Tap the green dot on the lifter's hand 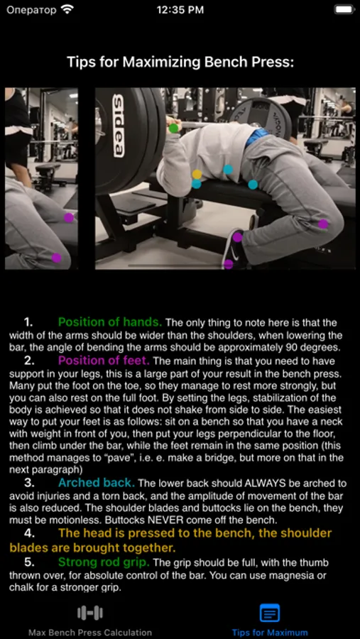click(174, 129)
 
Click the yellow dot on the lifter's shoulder click(197, 175)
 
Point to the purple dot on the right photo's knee click(323, 224)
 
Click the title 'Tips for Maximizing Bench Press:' click(180, 62)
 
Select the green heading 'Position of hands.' click(110, 322)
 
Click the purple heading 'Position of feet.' click(104, 360)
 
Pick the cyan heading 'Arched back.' click(97, 483)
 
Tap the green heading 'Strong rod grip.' click(104, 562)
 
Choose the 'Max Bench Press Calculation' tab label click(90, 633)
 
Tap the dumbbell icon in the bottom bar click(90, 613)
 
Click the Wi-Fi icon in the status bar click(67, 9)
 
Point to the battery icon click(344, 9)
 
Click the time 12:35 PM click(180, 10)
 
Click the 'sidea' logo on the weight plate click(118, 126)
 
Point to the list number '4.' click(29, 533)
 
